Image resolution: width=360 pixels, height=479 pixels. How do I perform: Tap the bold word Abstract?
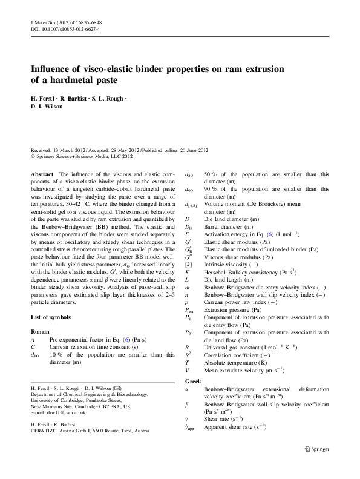click(42, 173)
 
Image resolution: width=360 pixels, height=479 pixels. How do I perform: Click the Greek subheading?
click(194, 382)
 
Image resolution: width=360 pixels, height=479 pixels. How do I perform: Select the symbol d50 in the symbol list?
click(189, 174)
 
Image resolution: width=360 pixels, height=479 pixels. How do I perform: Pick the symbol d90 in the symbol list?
click(189, 190)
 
